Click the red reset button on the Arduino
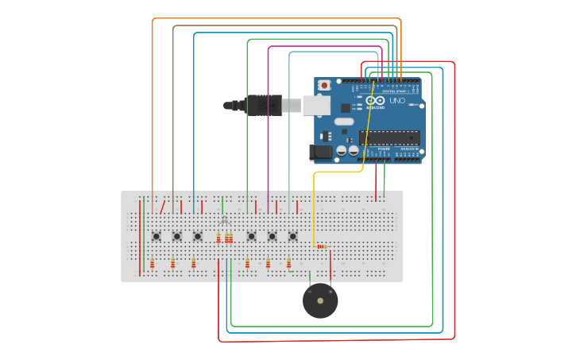coord(324,85)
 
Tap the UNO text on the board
coord(397,101)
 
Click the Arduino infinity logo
coord(375,102)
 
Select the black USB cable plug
coord(263,105)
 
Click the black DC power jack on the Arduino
coord(321,152)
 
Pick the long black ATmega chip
coord(389,137)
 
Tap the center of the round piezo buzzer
coord(320,301)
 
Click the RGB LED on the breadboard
coord(224,220)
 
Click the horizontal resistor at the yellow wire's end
coord(322,246)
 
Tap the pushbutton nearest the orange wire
coord(157,236)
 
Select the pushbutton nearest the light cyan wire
coord(292,236)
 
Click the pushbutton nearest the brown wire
coord(177,236)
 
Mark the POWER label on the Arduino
coord(384,149)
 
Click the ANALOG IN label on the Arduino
coord(408,149)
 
